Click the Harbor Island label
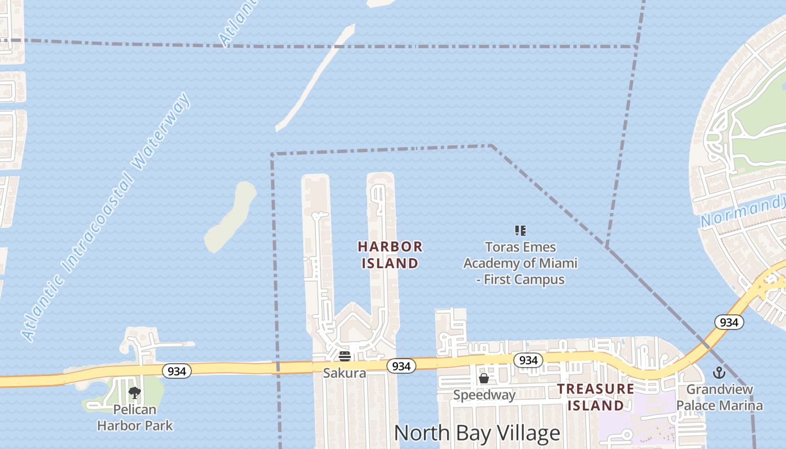390,255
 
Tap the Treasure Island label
595,397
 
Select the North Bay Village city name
477,433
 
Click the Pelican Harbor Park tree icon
134,392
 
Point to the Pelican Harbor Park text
135,418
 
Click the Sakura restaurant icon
345,356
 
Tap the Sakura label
344,373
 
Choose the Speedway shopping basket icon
484,378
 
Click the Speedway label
484,395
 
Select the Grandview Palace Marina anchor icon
719,373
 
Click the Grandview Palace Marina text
719,397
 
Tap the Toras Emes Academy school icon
520,230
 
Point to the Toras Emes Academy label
520,263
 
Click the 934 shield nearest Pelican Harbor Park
177,371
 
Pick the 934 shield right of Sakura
401,366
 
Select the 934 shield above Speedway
528,360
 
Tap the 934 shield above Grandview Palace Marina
729,322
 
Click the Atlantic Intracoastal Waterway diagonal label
107,218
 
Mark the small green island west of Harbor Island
231,217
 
